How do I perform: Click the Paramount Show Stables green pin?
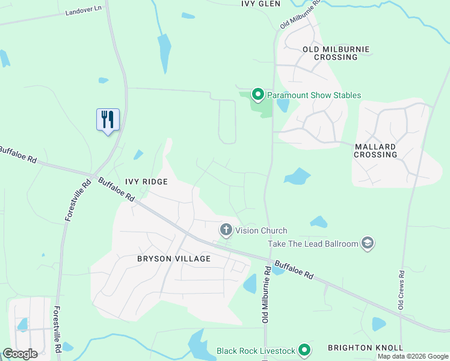(258, 94)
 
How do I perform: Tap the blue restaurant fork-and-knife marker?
(108, 120)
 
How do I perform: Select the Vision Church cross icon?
(226, 230)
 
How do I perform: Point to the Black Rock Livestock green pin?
(305, 350)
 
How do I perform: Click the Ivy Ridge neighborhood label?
(146, 181)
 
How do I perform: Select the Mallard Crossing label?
(375, 150)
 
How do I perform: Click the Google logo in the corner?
(20, 353)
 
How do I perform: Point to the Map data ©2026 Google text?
(413, 356)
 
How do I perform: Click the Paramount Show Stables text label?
(314, 95)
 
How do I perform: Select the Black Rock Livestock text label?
(256, 351)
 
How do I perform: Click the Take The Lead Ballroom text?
(313, 244)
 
